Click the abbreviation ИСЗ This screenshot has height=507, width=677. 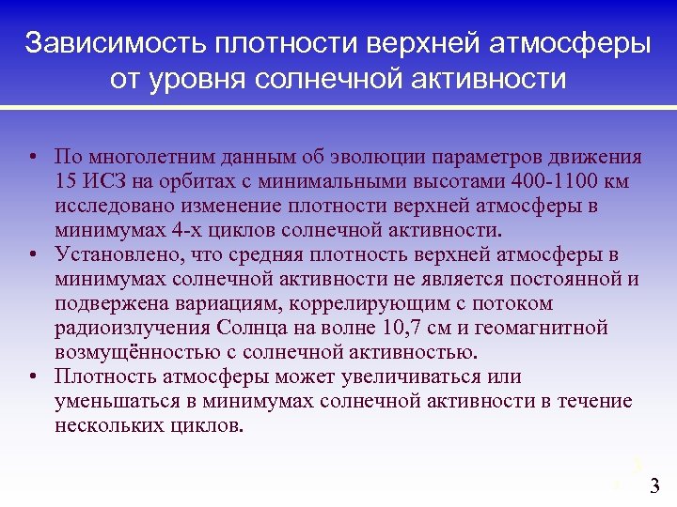[102, 180]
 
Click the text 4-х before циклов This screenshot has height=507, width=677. [191, 229]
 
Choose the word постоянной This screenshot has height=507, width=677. [558, 279]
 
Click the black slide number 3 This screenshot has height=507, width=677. [655, 486]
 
